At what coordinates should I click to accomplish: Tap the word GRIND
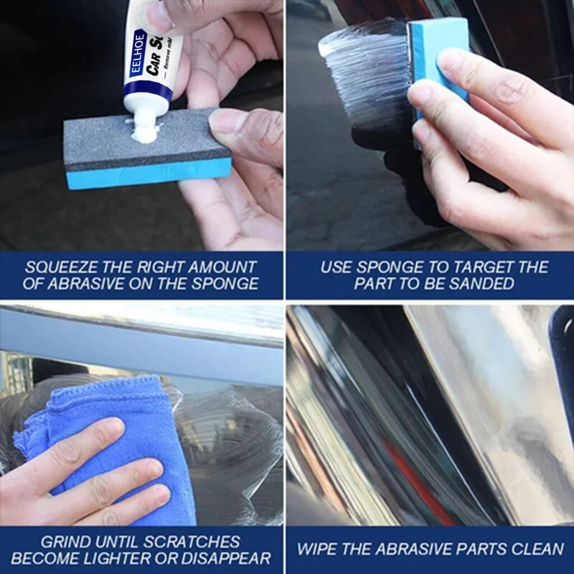(66, 542)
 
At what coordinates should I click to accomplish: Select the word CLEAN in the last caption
(535, 549)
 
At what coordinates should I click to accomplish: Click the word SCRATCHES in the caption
(191, 542)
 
